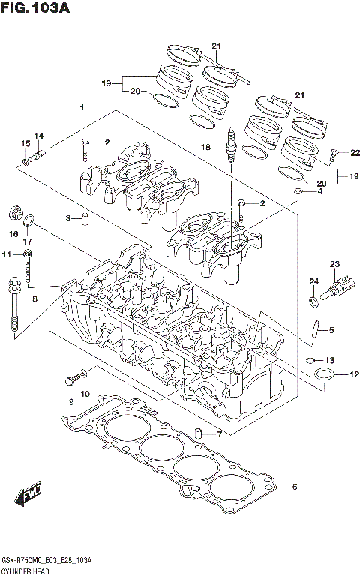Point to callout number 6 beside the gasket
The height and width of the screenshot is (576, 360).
coord(294,487)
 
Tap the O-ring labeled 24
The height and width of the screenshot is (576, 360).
coord(311,301)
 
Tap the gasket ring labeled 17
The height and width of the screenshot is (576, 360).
coord(29,220)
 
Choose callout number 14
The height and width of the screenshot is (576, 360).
coord(39,136)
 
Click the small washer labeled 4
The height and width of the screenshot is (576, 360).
coord(298,193)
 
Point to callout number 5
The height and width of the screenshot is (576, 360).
coord(330,329)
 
